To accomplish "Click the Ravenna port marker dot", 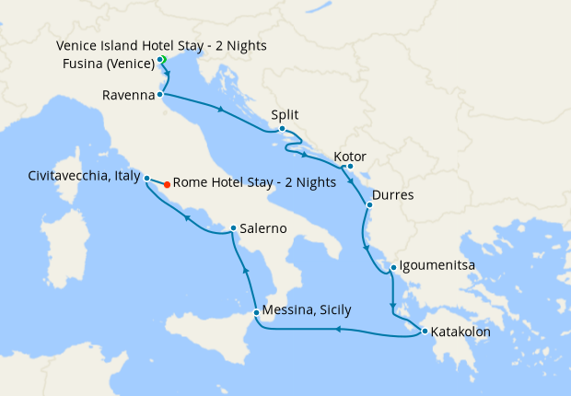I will [x=160, y=94].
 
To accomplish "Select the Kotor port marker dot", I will [x=350, y=166].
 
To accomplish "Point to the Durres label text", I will [x=393, y=196].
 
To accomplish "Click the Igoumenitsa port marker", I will [x=393, y=269].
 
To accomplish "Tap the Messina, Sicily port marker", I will [x=255, y=311].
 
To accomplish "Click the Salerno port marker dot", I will [x=234, y=228].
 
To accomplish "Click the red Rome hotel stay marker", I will [x=167, y=184].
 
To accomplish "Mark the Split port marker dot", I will [x=283, y=130].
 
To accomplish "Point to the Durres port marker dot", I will [x=369, y=204].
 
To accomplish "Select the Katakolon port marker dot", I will [x=424, y=332].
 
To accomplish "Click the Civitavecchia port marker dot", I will [x=146, y=177].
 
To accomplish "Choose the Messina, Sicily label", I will [x=307, y=310].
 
